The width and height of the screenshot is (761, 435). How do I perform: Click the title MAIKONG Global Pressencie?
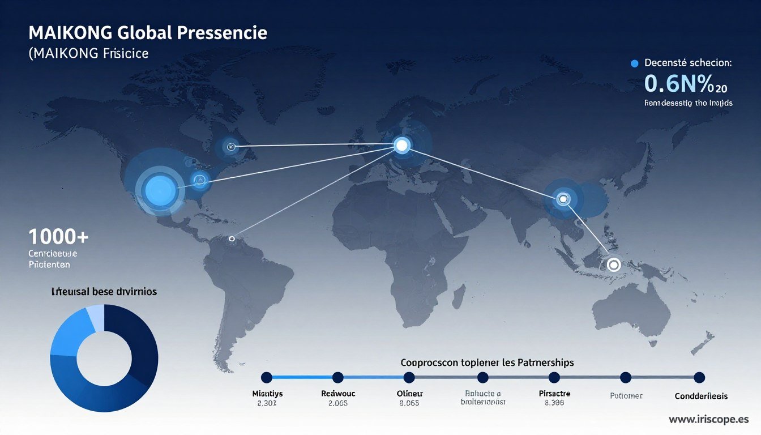[147, 33]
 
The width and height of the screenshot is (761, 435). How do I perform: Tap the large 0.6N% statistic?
[678, 84]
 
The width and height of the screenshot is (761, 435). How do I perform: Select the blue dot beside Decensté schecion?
[634, 63]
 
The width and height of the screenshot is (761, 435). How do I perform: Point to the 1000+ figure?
[58, 236]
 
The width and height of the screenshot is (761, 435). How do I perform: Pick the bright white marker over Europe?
[401, 146]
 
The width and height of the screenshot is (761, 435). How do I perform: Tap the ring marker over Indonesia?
[613, 265]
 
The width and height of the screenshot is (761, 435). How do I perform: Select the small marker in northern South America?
[231, 239]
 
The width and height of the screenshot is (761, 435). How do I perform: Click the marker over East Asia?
[562, 199]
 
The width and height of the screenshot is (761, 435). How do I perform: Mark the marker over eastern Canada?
[230, 147]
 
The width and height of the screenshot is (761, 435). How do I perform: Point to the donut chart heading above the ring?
[104, 292]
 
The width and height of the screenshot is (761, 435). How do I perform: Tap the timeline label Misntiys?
[267, 393]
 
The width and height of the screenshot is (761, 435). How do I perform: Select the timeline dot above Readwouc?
[338, 377]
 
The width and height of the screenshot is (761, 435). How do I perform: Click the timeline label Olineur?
[410, 393]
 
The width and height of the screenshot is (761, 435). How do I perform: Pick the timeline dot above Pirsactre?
[554, 377]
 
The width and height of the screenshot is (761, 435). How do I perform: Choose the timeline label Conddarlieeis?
[701, 396]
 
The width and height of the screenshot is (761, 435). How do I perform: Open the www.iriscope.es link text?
[709, 420]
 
